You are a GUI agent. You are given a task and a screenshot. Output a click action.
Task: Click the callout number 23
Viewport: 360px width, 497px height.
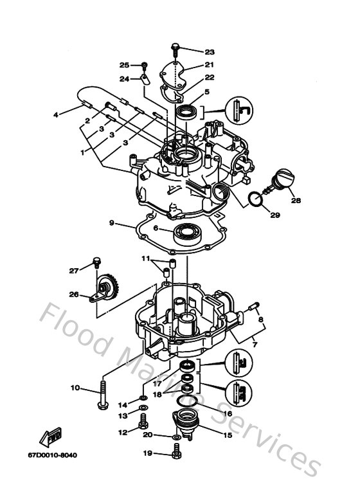[210, 51]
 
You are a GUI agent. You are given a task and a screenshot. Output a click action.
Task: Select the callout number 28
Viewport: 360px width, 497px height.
[295, 201]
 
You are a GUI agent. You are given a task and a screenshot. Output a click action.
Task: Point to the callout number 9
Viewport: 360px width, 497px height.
[112, 223]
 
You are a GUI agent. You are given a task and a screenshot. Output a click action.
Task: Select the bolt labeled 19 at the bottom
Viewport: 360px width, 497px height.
[175, 454]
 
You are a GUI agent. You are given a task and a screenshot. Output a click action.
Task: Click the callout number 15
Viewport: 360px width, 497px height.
[227, 435]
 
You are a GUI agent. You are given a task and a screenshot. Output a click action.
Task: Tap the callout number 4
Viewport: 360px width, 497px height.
[56, 115]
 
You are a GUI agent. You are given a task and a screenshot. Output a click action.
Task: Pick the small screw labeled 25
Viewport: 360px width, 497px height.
[145, 66]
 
